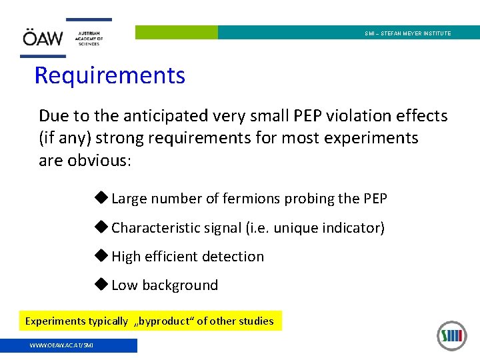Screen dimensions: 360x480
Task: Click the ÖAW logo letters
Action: point(43,39)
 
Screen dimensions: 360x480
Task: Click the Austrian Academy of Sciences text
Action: point(89,38)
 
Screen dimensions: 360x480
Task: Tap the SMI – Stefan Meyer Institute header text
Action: point(407,33)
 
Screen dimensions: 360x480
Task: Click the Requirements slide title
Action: point(110,75)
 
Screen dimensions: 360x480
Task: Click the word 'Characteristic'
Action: point(157,228)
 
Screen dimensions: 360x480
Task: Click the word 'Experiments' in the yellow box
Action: point(56,321)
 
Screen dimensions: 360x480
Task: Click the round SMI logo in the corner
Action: point(451,335)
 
